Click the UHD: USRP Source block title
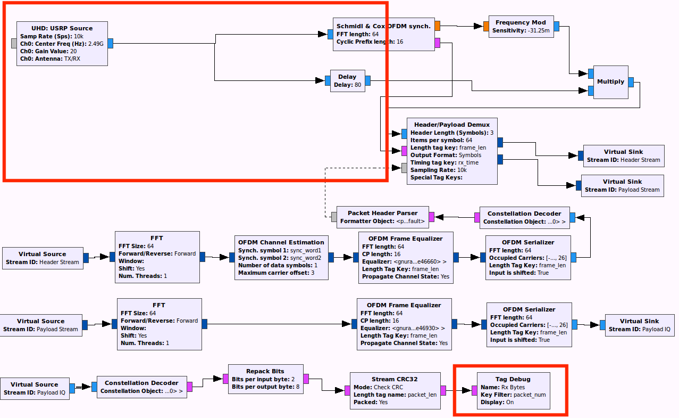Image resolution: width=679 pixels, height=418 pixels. (62, 28)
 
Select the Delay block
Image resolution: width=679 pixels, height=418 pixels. (347, 81)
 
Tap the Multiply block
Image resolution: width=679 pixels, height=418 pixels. (610, 82)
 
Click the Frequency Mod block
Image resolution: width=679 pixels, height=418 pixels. (521, 27)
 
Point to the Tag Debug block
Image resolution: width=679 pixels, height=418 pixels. (513, 391)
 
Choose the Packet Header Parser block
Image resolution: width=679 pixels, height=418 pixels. (382, 217)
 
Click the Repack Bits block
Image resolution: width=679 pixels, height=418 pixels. (265, 379)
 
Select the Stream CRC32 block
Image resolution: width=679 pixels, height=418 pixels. (395, 391)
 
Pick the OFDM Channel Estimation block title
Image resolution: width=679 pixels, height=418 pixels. (281, 242)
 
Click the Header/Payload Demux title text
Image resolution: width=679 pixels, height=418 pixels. (452, 125)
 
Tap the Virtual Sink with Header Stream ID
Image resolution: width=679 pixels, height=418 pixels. (623, 155)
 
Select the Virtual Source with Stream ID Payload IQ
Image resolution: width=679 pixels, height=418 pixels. (35, 388)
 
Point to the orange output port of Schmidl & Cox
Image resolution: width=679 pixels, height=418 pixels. (437, 26)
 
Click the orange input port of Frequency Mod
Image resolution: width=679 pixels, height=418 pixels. (486, 27)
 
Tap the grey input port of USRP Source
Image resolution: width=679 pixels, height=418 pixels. (14, 43)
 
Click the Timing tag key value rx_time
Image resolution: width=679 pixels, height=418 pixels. (469, 163)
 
